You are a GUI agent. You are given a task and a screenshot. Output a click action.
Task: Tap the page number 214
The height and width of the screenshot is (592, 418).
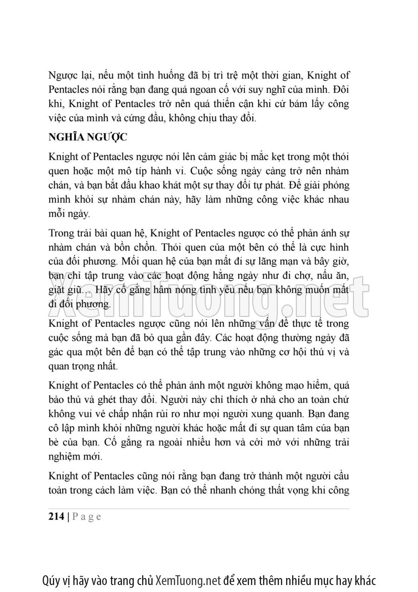point(56,517)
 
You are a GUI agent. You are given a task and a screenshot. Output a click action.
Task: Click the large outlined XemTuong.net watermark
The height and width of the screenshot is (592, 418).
point(209,290)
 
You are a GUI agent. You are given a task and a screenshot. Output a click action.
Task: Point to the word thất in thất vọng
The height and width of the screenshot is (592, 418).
point(253,491)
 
